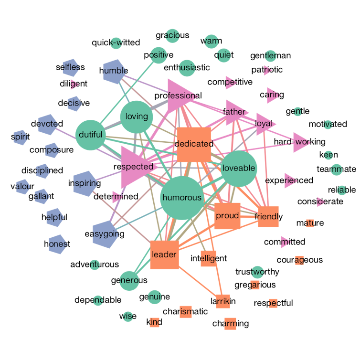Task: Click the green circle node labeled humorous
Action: tap(182, 198)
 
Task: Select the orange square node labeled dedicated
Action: tap(194, 144)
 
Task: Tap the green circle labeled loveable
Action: tap(239, 168)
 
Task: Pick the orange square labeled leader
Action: tap(164, 255)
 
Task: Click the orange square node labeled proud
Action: tap(227, 216)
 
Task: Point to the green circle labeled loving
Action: tap(137, 116)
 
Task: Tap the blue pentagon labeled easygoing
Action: tap(106, 234)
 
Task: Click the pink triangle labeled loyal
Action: tap(264, 124)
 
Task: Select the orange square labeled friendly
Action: tap(268, 217)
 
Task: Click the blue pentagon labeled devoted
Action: tap(48, 125)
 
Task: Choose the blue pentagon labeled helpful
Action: tap(54, 217)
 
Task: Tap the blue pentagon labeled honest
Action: tap(57, 244)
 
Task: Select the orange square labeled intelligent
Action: tap(208, 259)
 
